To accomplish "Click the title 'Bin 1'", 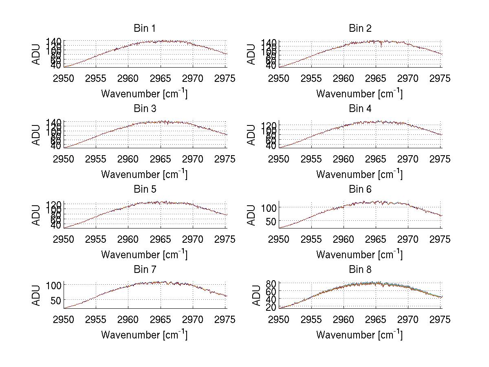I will (x=145, y=29).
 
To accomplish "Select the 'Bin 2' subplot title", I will (x=360, y=29).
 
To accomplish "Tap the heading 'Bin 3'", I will (x=145, y=109).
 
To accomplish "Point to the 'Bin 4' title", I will (x=360, y=109).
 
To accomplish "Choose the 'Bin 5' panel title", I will (x=145, y=189).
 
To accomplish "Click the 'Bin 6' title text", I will (x=360, y=189).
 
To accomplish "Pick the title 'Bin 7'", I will (x=145, y=270).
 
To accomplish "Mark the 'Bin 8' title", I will (x=360, y=270).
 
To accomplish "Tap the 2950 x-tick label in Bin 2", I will (x=279, y=78).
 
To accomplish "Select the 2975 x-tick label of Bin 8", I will (x=440, y=320).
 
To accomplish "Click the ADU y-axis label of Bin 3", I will (x=37, y=135).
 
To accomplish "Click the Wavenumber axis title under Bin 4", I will (x=359, y=174).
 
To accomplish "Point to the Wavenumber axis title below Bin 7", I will (x=144, y=335).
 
